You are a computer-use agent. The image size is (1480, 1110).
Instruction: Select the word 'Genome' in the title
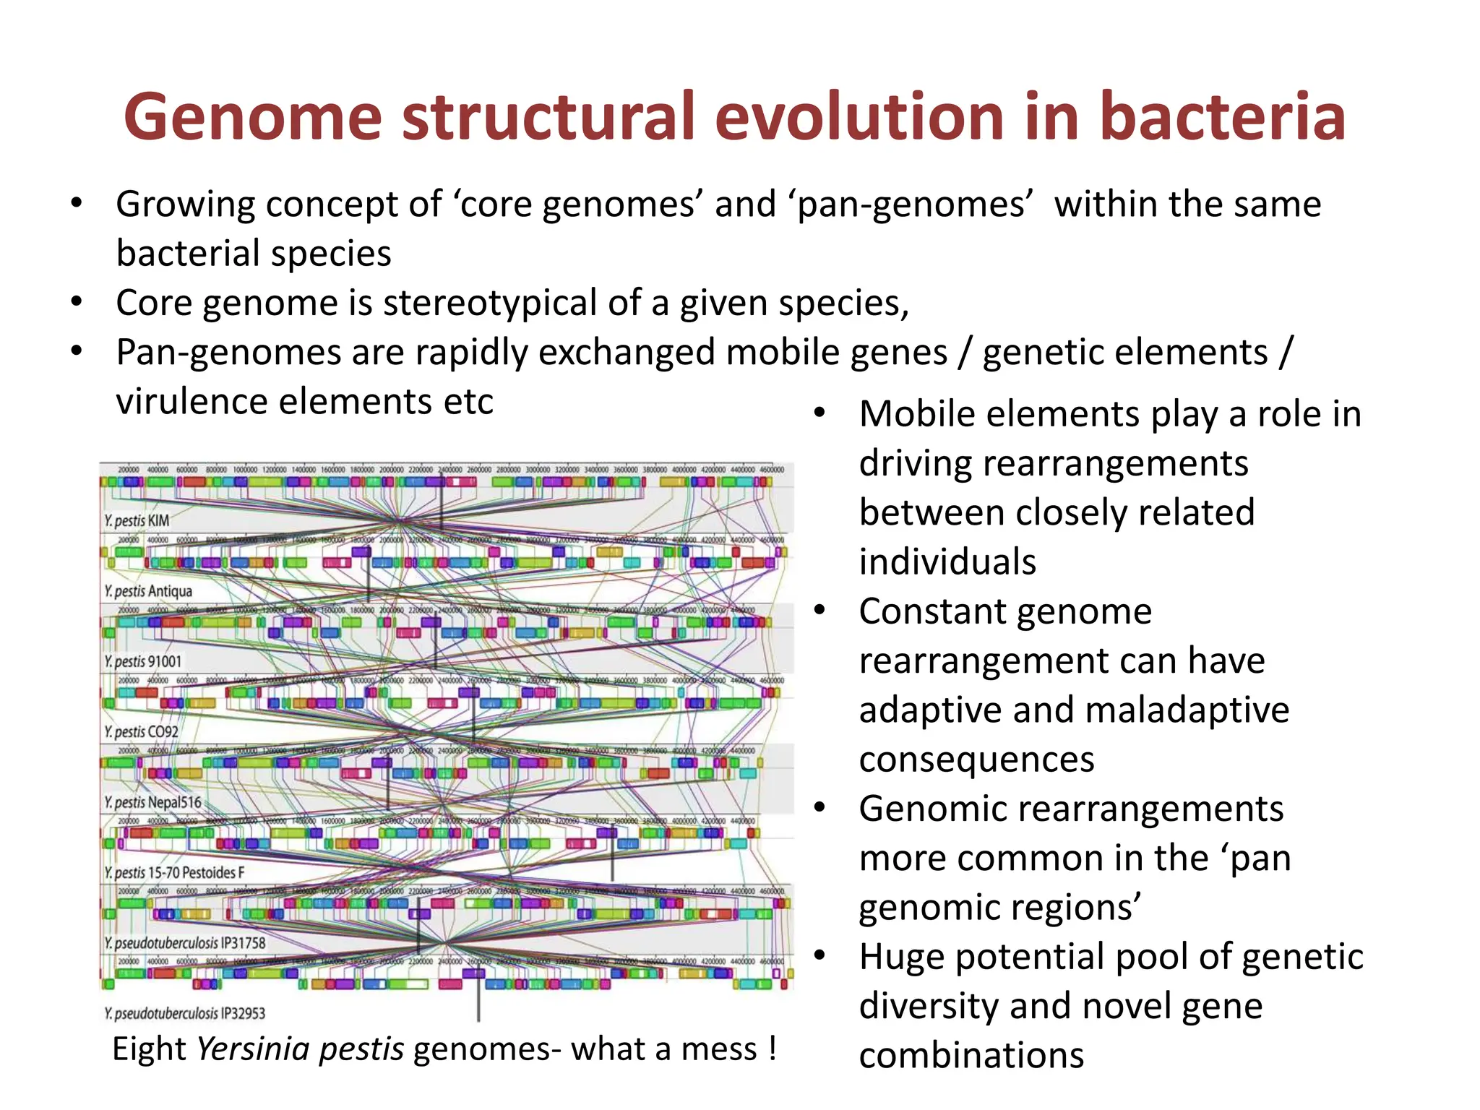pyautogui.click(x=252, y=117)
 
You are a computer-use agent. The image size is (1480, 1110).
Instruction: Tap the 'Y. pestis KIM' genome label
pyautogui.click(x=137, y=520)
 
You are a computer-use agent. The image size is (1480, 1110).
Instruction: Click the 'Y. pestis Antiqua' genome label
pyautogui.click(x=148, y=591)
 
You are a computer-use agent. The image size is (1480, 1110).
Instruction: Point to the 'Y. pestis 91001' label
pyautogui.click(x=142, y=661)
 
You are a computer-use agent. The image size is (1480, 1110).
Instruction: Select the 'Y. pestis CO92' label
pyautogui.click(x=141, y=731)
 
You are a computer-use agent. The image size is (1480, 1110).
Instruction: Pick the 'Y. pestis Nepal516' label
pyautogui.click(x=152, y=802)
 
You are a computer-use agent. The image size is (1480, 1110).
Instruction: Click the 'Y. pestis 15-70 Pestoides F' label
pyautogui.click(x=174, y=872)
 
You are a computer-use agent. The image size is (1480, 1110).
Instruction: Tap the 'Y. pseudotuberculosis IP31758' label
pyautogui.click(x=185, y=943)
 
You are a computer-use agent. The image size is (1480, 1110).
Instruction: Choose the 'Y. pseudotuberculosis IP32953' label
pyautogui.click(x=185, y=1013)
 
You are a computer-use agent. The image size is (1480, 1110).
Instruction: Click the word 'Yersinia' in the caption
pyautogui.click(x=252, y=1049)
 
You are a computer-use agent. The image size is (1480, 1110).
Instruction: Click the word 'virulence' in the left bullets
pyautogui.click(x=192, y=402)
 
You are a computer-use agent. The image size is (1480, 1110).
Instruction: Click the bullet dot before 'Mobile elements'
pyautogui.click(x=819, y=413)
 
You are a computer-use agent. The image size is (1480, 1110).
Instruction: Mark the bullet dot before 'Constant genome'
pyautogui.click(x=819, y=611)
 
